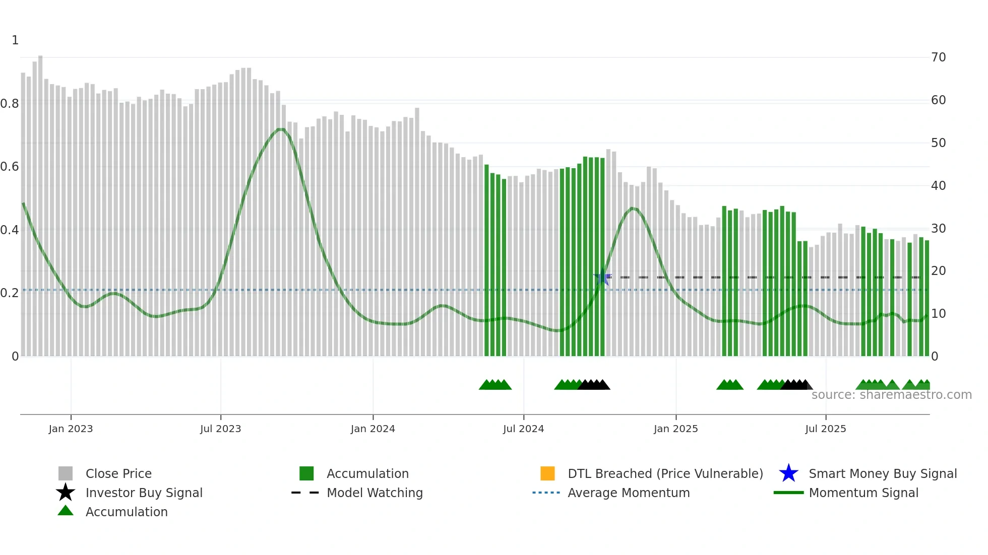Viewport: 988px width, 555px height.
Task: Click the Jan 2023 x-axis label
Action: click(71, 429)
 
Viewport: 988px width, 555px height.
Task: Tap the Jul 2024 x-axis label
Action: click(523, 429)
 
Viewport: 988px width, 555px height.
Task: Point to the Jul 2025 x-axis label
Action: click(825, 429)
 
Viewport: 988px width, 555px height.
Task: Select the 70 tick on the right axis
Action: click(938, 57)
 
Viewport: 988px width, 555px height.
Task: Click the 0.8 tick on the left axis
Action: click(10, 104)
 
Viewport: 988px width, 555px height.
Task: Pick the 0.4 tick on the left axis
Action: click(10, 230)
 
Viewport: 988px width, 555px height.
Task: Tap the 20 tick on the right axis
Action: click(938, 271)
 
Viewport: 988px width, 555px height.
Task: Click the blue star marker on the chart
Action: click(602, 277)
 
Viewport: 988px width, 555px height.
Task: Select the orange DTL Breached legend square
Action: click(547, 473)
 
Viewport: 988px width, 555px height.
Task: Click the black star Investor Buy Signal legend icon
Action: click(66, 493)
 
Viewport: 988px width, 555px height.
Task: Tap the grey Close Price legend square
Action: click(66, 473)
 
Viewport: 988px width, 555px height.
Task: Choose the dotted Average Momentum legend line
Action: click(546, 493)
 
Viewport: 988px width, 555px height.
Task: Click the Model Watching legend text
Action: click(375, 493)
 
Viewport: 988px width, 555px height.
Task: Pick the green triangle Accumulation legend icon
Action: click(66, 511)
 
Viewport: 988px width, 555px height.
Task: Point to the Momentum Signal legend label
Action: click(863, 493)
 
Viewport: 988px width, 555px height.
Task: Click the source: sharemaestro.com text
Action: click(891, 395)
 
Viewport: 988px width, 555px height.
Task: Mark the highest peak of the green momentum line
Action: click(281, 129)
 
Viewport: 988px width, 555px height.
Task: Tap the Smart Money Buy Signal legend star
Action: click(788, 473)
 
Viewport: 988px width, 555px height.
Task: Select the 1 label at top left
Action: click(15, 40)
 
